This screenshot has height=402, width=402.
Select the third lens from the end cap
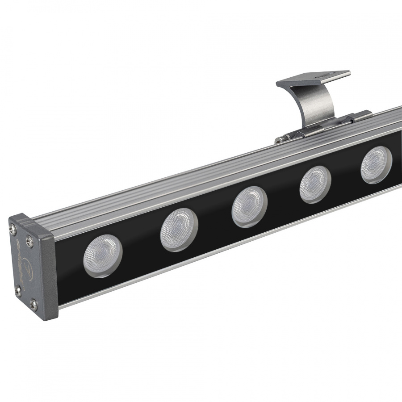tap(249, 206)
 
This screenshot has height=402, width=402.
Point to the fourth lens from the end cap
tap(315, 184)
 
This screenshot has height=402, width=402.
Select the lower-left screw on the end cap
tap(18, 291)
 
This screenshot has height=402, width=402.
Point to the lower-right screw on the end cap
tap(33, 306)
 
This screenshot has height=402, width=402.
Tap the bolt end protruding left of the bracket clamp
tap(278, 141)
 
